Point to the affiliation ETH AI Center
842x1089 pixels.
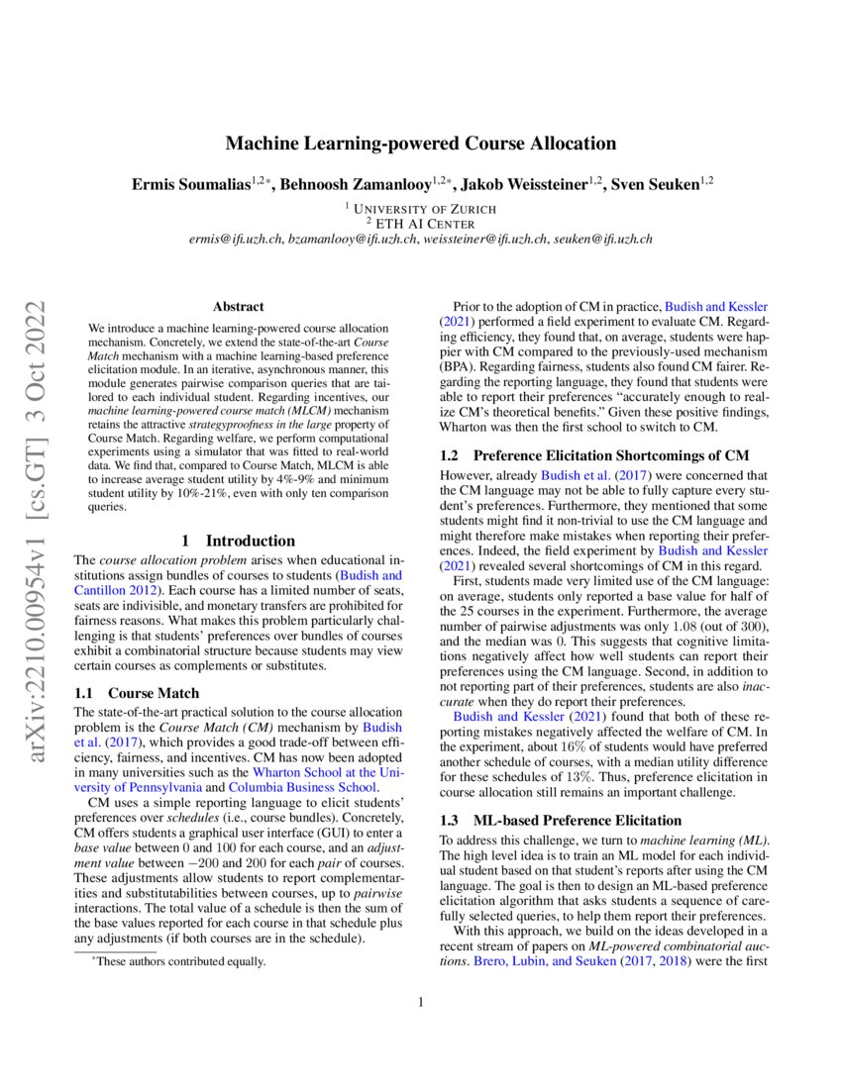[426, 224]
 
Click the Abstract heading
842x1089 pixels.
[238, 308]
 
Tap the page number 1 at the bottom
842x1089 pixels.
[421, 1002]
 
